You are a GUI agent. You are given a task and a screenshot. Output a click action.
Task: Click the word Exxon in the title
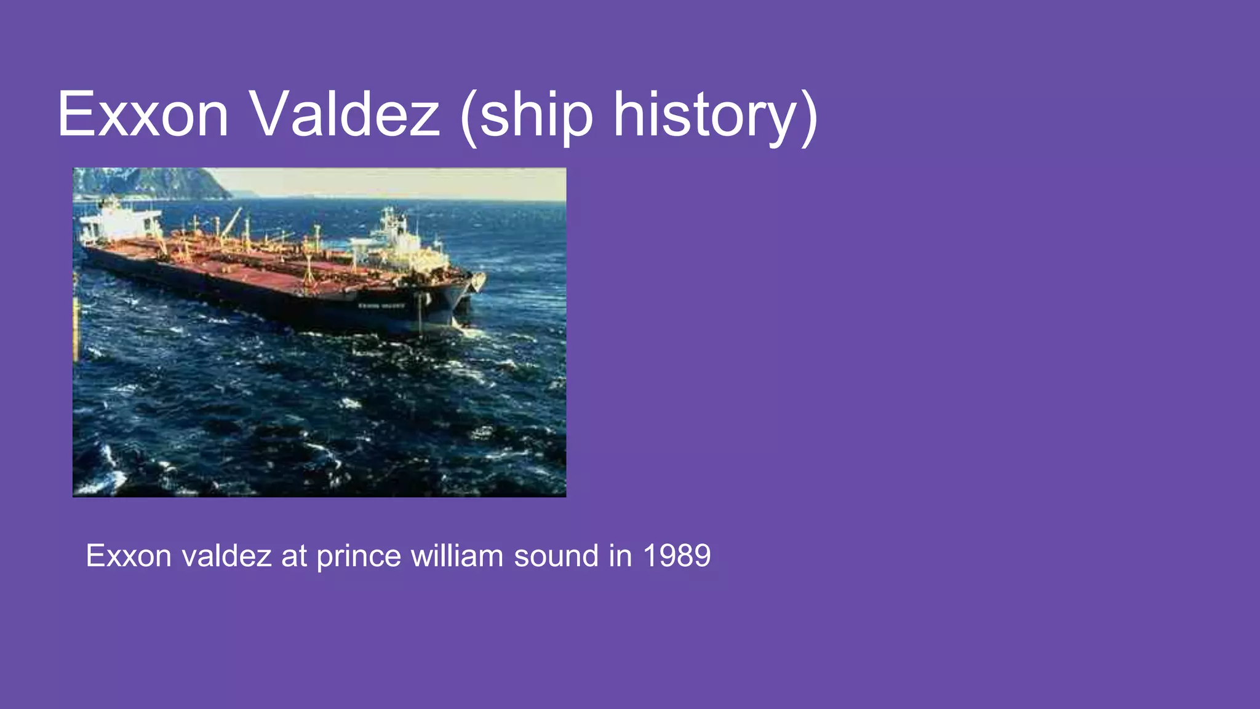tap(143, 114)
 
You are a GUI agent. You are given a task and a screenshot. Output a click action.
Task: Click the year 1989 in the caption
tap(677, 556)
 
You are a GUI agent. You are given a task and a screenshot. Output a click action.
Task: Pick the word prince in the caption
tap(359, 556)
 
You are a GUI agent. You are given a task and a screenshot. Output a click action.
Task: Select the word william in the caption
tap(457, 556)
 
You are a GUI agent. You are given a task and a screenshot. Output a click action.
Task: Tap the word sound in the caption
tap(556, 556)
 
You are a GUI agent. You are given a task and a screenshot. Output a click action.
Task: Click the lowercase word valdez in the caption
tap(226, 556)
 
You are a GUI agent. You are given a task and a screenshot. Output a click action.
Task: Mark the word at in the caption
tap(293, 556)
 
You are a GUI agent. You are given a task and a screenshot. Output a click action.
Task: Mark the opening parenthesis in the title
tap(469, 117)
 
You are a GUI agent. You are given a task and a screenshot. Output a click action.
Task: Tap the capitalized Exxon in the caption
tap(129, 556)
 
